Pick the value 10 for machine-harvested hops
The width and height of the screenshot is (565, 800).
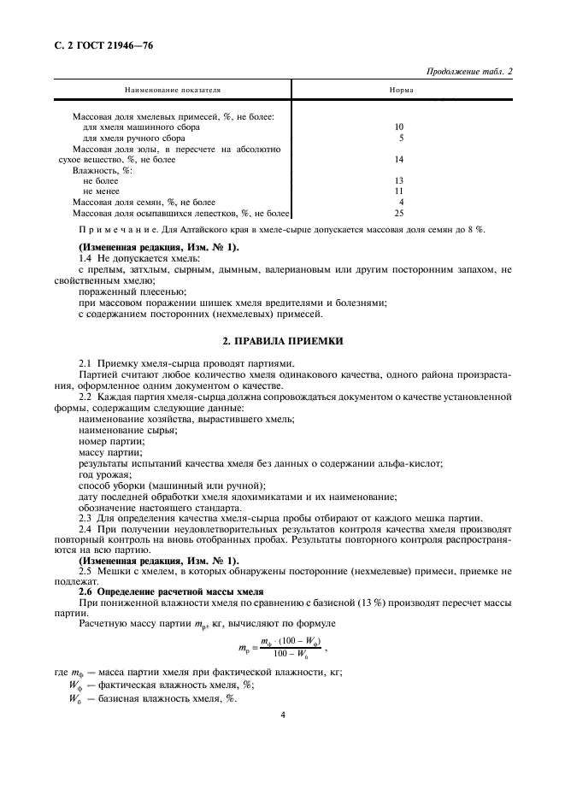click(398, 126)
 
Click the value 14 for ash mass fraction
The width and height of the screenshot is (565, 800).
click(398, 159)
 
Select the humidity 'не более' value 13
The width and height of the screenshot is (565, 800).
click(398, 180)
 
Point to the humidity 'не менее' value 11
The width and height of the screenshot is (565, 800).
click(398, 191)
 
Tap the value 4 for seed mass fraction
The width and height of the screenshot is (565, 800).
click(400, 203)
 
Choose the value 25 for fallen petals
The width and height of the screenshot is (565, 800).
click(398, 213)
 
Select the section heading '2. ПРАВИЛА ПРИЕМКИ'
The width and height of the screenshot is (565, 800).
click(283, 341)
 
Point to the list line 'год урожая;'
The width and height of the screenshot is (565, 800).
click(104, 474)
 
